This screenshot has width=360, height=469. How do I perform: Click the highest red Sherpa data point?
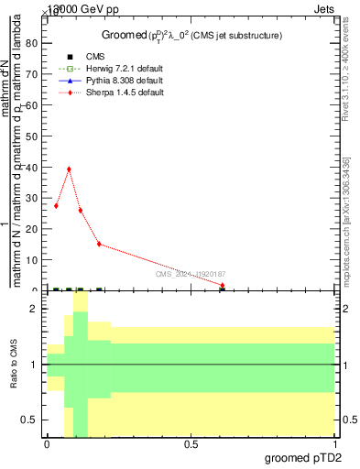[69, 169]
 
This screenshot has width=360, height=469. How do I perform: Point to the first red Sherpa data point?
[56, 206]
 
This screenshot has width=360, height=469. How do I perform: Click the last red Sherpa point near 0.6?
[222, 285]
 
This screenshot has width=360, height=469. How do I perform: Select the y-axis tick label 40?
[34, 168]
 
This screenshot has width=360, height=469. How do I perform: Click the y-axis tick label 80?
[34, 43]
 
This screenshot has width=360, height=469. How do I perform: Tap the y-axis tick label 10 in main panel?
[34, 260]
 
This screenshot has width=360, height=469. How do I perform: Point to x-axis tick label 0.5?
[191, 444]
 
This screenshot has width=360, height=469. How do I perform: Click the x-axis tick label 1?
[335, 444]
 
